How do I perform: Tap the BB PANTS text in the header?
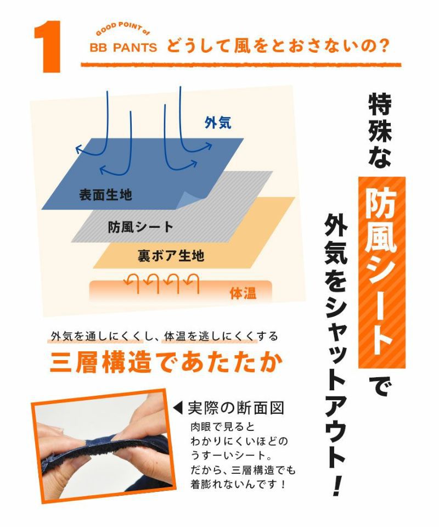point(123,48)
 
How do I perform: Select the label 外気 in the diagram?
point(218,123)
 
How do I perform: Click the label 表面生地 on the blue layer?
point(105,194)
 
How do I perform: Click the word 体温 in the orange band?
point(243,293)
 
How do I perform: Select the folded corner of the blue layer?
point(190,200)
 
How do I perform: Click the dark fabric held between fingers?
point(102,446)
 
